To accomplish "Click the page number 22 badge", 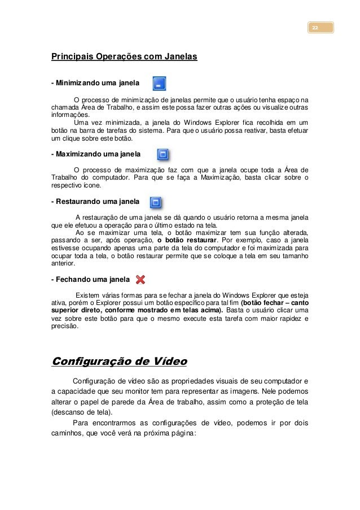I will point(320,28).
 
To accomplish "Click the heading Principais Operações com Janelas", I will point(124,57).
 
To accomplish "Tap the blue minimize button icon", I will point(159,84).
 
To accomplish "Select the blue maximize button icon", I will point(163,154).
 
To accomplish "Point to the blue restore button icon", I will point(156,201).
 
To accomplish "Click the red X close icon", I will point(141,279).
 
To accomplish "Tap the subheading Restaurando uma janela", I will point(95,201).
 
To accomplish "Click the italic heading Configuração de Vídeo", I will point(119,361).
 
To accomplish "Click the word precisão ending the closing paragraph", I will point(65,326).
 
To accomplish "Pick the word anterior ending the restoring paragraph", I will point(62,263).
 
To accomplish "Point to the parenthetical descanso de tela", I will point(78,412).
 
